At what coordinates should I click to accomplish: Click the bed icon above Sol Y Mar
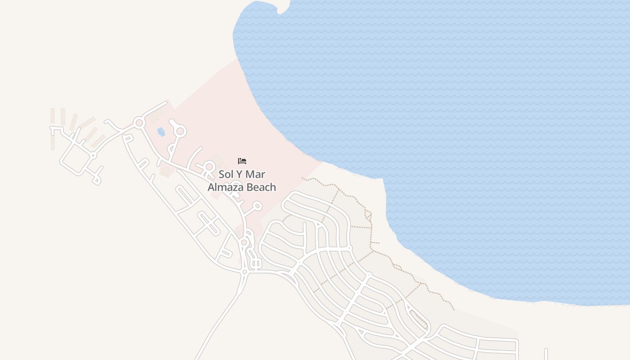pyautogui.click(x=242, y=161)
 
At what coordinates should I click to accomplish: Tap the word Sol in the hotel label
pyautogui.click(x=227, y=174)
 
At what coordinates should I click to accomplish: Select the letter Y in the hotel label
pyautogui.click(x=243, y=174)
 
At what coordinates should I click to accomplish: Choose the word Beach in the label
pyautogui.click(x=261, y=187)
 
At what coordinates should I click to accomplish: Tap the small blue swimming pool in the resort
pyautogui.click(x=161, y=132)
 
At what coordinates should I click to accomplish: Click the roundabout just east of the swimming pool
pyautogui.click(x=180, y=131)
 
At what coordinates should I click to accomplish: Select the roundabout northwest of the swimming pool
pyautogui.click(x=139, y=122)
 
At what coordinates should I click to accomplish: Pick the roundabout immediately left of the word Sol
pyautogui.click(x=209, y=167)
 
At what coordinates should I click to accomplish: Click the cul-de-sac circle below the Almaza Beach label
pyautogui.click(x=257, y=206)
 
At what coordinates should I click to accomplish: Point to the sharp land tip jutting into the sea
pyautogui.click(x=383, y=180)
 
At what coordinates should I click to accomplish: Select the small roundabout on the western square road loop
pyautogui.click(x=93, y=156)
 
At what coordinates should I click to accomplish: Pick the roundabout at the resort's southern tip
pyautogui.click(x=244, y=243)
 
